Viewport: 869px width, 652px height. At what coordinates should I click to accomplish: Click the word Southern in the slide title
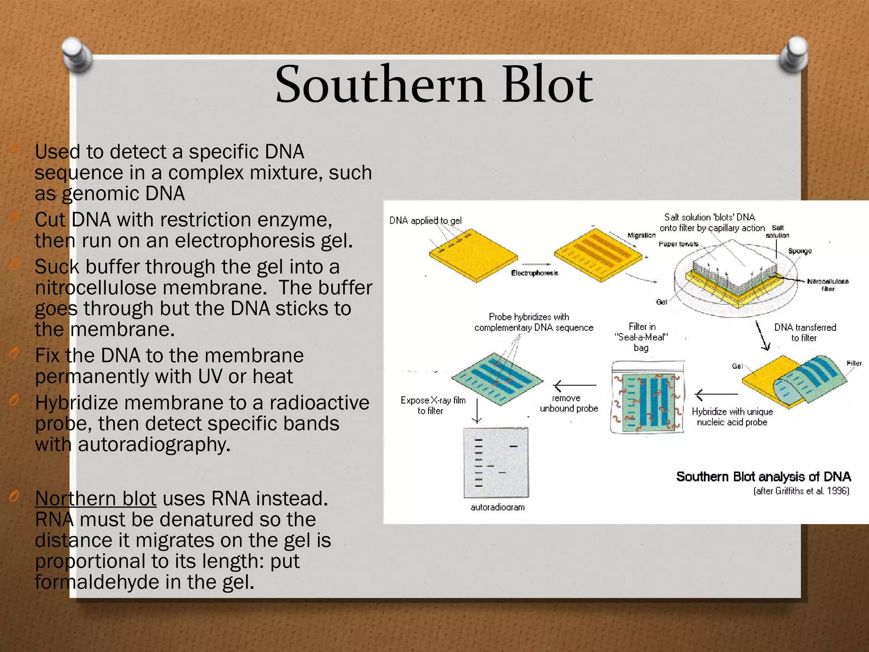[x=380, y=85]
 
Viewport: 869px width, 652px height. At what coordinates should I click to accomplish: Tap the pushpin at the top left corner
[x=77, y=54]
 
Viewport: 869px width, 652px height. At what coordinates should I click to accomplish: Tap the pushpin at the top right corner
[x=794, y=54]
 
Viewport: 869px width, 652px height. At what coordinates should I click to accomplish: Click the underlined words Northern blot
[x=95, y=499]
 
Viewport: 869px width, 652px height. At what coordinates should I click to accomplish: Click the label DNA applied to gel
[x=425, y=221]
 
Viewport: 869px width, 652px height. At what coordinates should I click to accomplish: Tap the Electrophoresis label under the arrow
[x=534, y=273]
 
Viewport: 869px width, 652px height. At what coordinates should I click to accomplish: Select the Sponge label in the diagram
[x=800, y=251]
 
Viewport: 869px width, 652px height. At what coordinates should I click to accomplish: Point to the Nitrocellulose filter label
[x=827, y=285]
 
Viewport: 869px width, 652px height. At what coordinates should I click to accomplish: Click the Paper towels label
[x=678, y=244]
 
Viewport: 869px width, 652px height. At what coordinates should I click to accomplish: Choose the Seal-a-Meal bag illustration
[x=648, y=397]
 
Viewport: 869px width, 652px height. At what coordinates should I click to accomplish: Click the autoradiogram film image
[x=496, y=463]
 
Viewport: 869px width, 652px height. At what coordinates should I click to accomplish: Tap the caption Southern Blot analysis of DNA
[x=763, y=477]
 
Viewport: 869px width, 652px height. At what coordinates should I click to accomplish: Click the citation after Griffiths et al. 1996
[x=801, y=491]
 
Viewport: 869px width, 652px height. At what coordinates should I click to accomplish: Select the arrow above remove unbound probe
[x=575, y=385]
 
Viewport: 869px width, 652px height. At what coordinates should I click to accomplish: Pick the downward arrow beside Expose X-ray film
[x=477, y=411]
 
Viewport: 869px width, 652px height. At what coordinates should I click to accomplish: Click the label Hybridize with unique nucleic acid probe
[x=732, y=417]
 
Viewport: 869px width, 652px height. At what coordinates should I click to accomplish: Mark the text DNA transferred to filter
[x=805, y=332]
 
